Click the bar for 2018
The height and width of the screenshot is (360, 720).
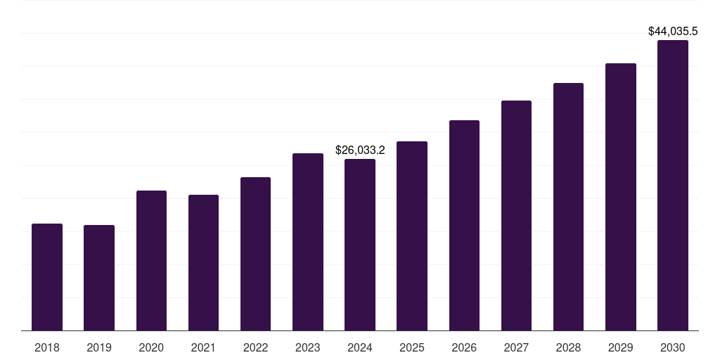pos(47,277)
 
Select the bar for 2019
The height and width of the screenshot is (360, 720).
pos(99,278)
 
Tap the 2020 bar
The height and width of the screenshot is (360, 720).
pos(151,260)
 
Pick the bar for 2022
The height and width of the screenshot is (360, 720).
pos(255,254)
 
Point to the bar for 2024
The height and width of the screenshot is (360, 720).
pos(360,245)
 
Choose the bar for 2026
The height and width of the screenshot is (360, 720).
pos(464,225)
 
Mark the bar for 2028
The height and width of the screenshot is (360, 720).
pos(568,207)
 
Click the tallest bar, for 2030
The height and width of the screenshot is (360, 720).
pos(673,185)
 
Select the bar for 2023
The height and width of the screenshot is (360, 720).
pos(308,242)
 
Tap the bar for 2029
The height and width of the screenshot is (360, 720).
pos(621,197)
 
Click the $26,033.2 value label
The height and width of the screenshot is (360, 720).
pos(360,150)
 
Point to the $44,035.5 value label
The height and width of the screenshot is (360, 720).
pos(673,31)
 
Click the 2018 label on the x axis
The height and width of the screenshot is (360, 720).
pos(47,347)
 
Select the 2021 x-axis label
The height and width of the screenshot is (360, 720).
pos(203,347)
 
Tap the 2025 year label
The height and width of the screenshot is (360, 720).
pos(412,347)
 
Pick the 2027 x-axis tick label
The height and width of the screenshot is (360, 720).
pos(516,347)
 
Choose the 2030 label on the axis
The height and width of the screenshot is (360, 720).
pos(673,347)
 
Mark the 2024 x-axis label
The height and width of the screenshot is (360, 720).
pos(360,347)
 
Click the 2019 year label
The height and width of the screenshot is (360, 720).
pos(99,347)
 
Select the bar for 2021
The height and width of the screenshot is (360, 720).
pos(203,262)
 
